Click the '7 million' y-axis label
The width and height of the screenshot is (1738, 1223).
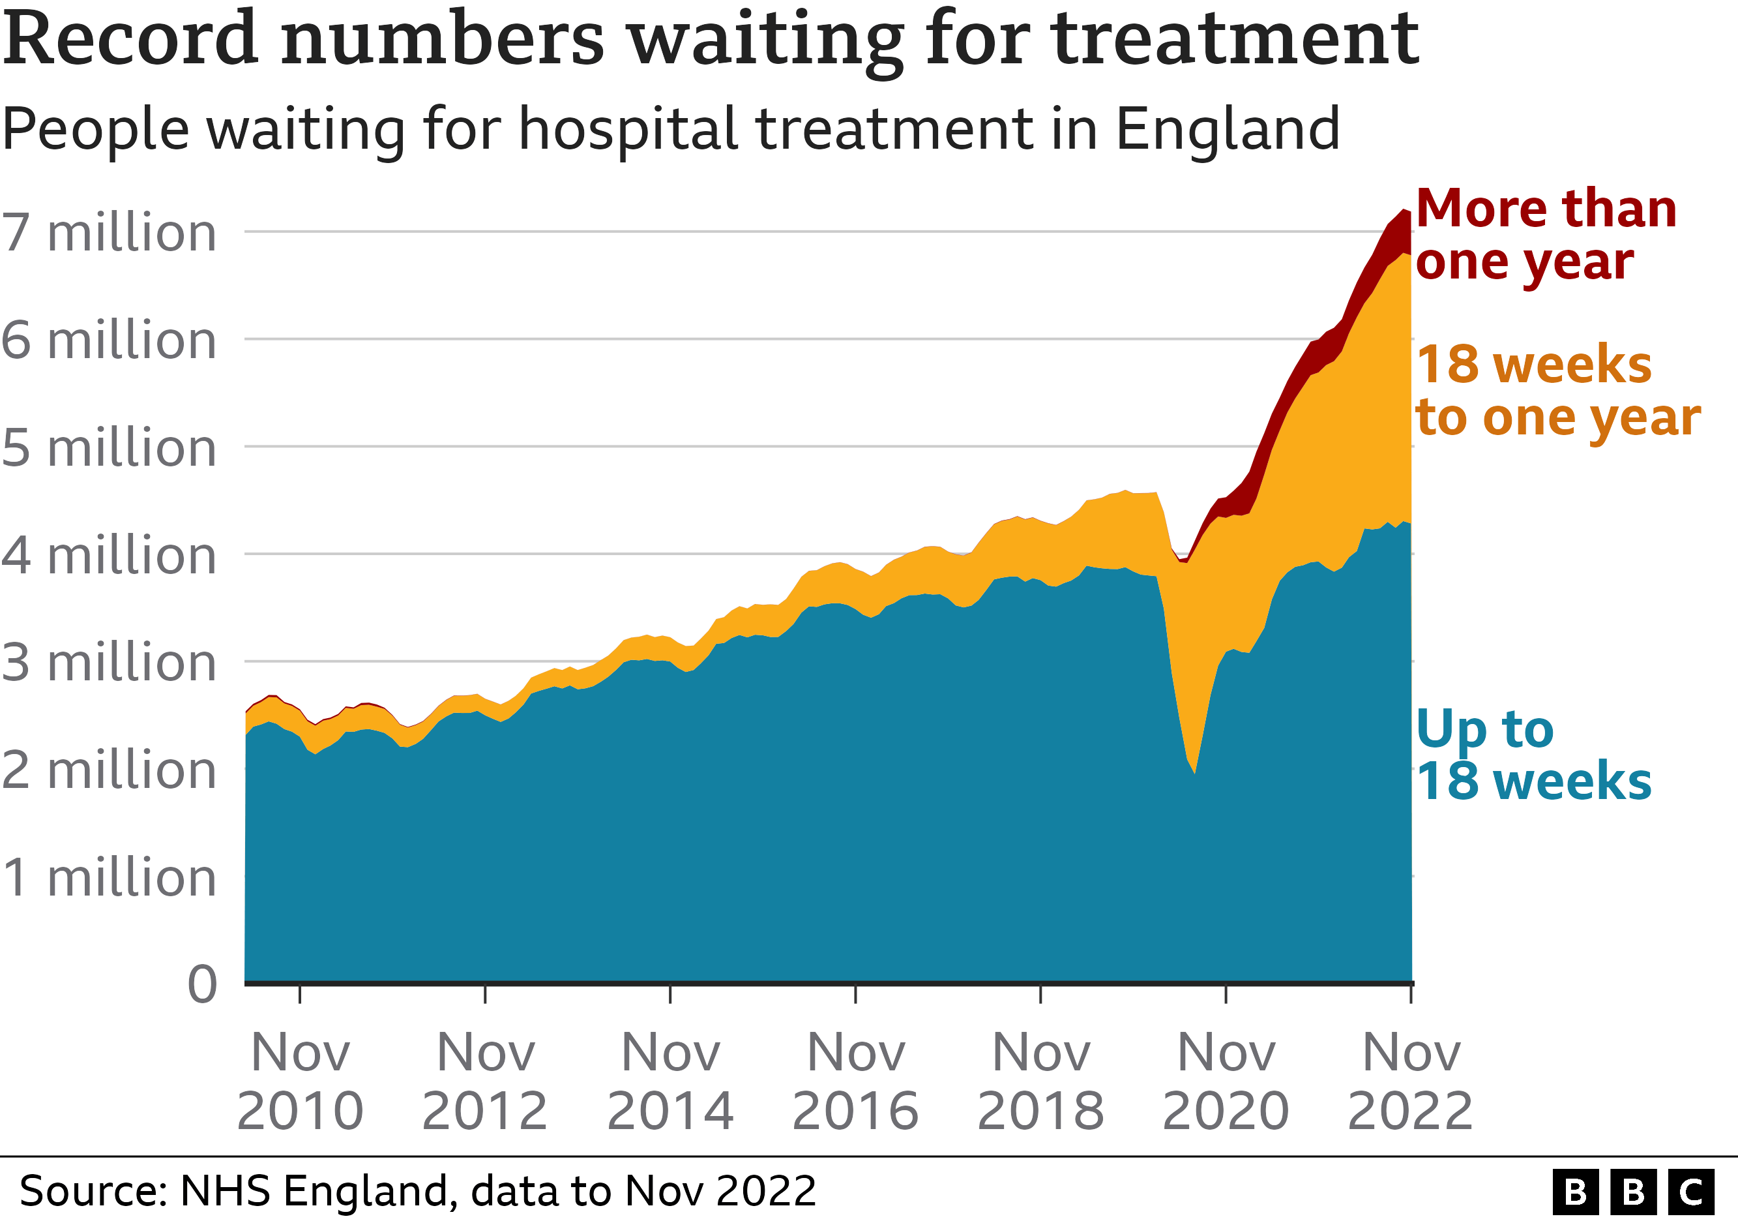[109, 232]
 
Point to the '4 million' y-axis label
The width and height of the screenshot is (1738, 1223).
[109, 556]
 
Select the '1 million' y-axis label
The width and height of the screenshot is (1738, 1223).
[109, 879]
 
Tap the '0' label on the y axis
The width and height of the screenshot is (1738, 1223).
[202, 985]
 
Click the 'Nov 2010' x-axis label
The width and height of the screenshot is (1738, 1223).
[300, 1081]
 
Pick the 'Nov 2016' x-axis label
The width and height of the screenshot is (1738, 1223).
[855, 1081]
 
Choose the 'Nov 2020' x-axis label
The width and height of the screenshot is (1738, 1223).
[1226, 1081]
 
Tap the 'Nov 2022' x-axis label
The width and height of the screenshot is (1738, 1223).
[1410, 1081]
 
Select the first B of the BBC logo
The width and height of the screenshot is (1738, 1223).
[1575, 1193]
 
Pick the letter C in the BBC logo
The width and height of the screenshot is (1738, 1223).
[1691, 1193]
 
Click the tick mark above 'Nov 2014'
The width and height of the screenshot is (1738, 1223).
[670, 993]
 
